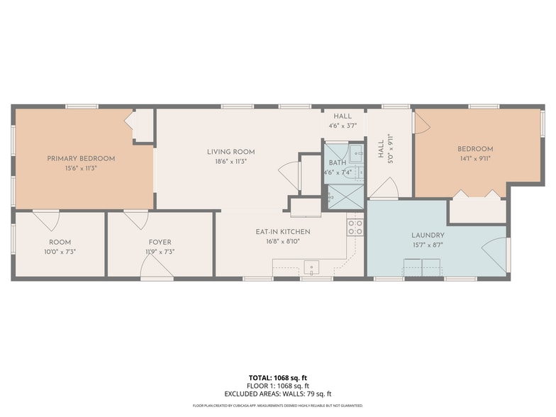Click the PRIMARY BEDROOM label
pos(81,158)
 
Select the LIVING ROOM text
pos(230,152)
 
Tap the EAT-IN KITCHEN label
pos(282,232)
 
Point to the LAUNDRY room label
pos(428,235)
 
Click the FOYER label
pos(160,243)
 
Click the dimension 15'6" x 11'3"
pos(81,168)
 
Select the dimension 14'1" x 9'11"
pos(474,158)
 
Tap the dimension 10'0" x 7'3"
pos(60,252)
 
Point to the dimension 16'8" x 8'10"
pos(282,241)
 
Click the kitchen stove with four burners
pos(355,227)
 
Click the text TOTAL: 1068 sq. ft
pos(277,378)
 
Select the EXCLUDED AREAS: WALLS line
pos(277,394)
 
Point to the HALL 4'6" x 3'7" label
pos(343,121)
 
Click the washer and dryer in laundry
pos(422,267)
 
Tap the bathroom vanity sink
pos(355,152)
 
